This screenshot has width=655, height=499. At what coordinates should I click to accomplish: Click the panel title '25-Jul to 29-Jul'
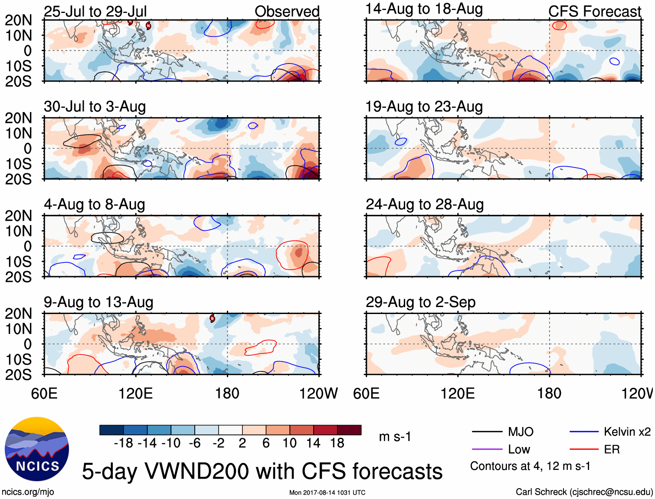95,11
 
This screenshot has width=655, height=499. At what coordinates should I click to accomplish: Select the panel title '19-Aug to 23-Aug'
424,106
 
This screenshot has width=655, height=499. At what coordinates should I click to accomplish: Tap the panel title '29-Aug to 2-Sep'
420,302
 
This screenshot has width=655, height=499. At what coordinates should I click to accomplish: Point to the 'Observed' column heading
287,11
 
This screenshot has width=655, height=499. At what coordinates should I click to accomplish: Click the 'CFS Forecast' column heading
594,11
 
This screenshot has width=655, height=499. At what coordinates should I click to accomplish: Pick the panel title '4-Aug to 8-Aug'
94,204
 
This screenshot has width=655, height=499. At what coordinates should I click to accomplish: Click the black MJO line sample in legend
487,432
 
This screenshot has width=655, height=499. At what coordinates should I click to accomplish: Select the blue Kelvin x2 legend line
584,432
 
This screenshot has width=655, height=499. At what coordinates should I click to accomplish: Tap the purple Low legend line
487,449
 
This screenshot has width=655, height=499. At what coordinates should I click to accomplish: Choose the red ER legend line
584,449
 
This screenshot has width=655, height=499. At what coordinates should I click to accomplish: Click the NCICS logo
37,449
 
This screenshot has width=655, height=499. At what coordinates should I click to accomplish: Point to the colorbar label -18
123,443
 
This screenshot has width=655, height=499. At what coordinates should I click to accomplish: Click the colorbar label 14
313,443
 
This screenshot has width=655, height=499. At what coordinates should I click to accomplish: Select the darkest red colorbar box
349,430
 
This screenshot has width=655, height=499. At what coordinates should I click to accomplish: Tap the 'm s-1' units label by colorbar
395,436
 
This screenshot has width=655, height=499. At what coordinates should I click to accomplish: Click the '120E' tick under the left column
136,393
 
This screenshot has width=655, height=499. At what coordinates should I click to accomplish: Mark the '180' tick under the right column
549,393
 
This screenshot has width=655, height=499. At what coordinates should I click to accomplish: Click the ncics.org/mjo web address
28,492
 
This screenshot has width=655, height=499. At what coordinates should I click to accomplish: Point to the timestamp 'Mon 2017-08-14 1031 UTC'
327,492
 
